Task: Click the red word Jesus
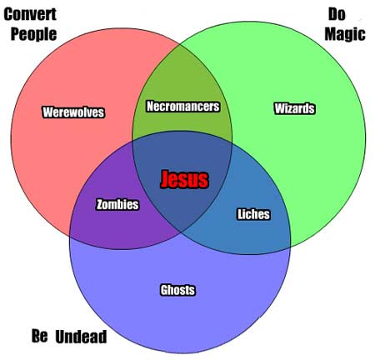[x=185, y=179]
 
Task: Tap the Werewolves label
[x=73, y=112]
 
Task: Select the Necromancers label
[x=183, y=107]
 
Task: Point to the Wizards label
[x=295, y=108]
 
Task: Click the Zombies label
[x=117, y=204]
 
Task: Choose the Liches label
[x=253, y=214]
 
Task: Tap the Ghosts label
[x=177, y=290]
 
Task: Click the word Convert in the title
[x=30, y=14]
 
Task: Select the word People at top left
[x=33, y=34]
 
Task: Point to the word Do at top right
[x=337, y=14]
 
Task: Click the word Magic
[x=345, y=34]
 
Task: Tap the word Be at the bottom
[x=39, y=336]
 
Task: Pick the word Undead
[x=81, y=337]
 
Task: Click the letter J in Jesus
[x=165, y=179]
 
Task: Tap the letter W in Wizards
[x=280, y=108]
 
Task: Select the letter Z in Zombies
[x=99, y=204]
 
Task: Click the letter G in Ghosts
[x=164, y=290]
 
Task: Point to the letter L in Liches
[x=240, y=214]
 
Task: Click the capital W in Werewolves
[x=48, y=112]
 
